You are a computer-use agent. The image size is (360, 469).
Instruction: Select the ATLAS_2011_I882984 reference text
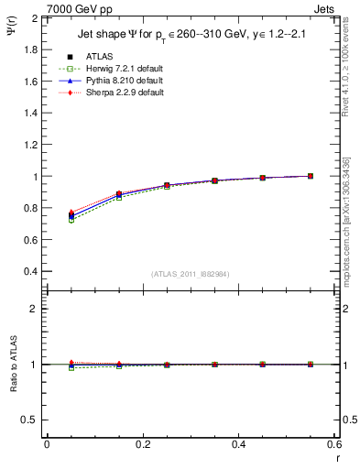190,274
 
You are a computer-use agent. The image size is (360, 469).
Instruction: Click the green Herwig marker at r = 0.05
71,221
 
